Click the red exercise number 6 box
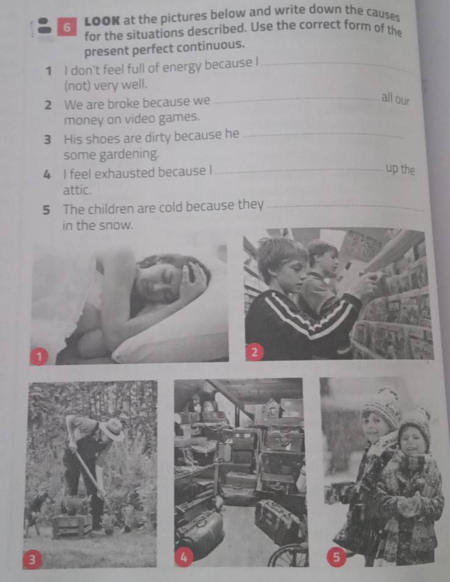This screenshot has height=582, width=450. pos(67,27)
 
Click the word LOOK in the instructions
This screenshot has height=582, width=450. pos(102,21)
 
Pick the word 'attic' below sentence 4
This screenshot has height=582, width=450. pos(77,190)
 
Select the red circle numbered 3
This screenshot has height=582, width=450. pos(32,559)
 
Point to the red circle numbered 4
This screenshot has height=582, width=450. pos(183,557)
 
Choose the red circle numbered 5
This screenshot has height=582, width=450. pos(336,557)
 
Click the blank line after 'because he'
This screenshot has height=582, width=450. pos(323,136)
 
